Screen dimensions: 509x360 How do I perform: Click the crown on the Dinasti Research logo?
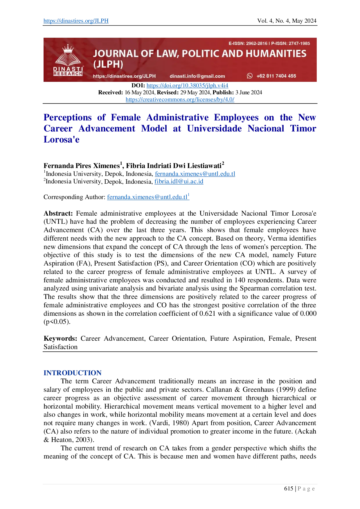click(x=68, y=48)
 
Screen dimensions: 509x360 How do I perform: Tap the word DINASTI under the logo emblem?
click(x=68, y=69)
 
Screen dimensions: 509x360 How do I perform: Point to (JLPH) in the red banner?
click(x=108, y=64)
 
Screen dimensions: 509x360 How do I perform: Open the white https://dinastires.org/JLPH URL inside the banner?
click(x=124, y=76)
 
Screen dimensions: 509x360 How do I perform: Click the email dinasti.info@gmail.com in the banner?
click(x=197, y=76)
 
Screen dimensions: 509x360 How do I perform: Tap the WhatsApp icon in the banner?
click(x=250, y=76)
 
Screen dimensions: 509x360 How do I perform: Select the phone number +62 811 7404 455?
click(x=276, y=76)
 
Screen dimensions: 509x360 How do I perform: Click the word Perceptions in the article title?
click(x=67, y=117)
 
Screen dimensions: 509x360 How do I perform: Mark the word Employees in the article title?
click(x=236, y=117)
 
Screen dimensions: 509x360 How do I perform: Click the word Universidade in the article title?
click(x=214, y=128)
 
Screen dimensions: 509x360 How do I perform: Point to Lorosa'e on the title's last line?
click(x=61, y=139)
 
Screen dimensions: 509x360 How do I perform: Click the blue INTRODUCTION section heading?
click(x=72, y=373)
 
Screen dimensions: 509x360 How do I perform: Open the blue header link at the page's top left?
click(x=75, y=21)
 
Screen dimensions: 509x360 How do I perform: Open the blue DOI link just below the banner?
click(x=188, y=86)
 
